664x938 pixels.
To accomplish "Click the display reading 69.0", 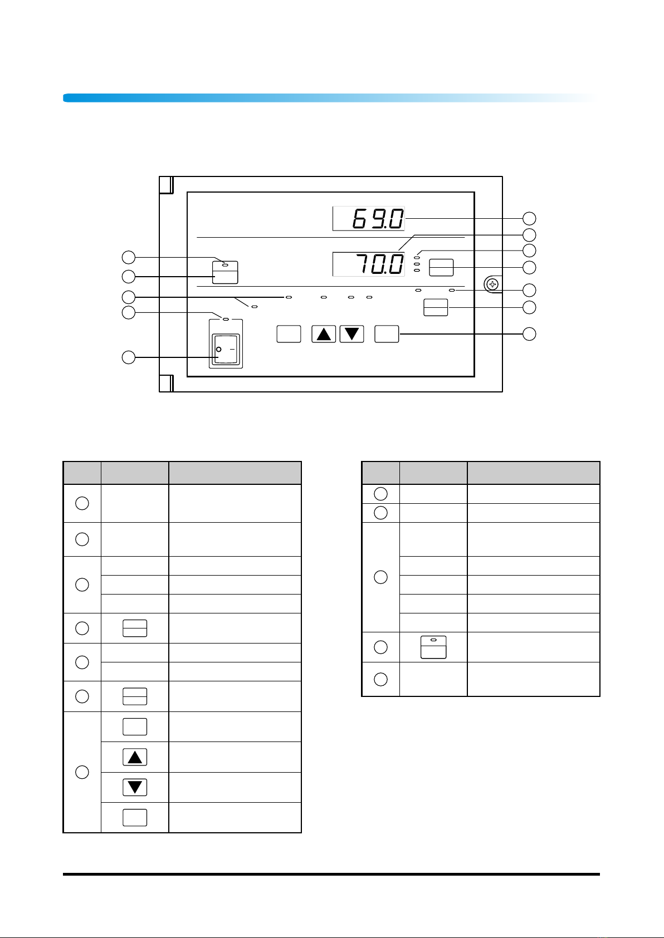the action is pyautogui.click(x=369, y=219).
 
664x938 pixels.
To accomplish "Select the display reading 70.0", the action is pyautogui.click(x=369, y=264).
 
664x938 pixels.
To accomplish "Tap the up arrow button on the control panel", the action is pyautogui.click(x=324, y=334).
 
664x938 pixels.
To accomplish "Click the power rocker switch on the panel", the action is pyautogui.click(x=226, y=349).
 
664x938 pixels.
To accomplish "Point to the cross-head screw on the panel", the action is pyautogui.click(x=492, y=284).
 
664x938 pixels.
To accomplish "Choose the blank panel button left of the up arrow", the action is pyautogui.click(x=289, y=334).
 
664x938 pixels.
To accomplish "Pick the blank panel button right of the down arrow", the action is pyautogui.click(x=387, y=334).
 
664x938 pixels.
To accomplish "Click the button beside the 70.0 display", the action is pyautogui.click(x=441, y=268).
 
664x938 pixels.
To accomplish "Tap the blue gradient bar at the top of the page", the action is pyautogui.click(x=331, y=98).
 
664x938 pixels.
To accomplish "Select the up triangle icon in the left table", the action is pyautogui.click(x=135, y=757).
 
